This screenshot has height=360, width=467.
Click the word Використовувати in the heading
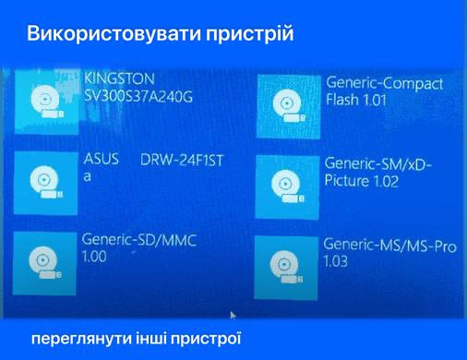(114, 33)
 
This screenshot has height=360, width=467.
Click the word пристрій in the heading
(250, 34)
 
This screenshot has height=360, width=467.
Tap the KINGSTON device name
(119, 78)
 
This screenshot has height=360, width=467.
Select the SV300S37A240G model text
(138, 97)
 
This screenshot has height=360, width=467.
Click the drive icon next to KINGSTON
(46, 102)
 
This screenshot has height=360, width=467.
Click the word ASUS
(102, 159)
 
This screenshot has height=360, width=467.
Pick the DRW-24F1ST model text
(182, 161)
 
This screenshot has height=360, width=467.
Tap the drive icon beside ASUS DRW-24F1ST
(45, 183)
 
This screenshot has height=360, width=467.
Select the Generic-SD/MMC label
(139, 240)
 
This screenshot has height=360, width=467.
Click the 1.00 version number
(94, 257)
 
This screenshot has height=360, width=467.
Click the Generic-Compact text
(385, 83)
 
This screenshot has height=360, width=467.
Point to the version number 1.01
(375, 101)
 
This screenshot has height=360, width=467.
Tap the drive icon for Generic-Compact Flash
(288, 106)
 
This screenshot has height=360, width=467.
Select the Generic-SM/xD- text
(378, 164)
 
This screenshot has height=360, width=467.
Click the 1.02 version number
(385, 181)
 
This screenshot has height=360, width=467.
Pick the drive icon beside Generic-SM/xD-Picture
(287, 187)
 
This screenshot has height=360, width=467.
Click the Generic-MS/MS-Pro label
(389, 246)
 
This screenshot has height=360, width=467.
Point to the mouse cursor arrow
(233, 316)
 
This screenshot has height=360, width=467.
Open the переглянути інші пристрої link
(136, 339)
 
